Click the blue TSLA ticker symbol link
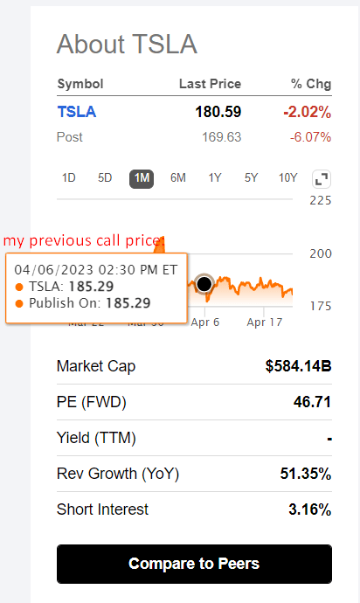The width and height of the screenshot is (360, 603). [x=77, y=112]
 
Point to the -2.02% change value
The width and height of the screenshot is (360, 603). [x=307, y=112]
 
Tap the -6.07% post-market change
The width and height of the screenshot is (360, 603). [x=311, y=137]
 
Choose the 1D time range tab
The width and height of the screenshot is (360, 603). [x=69, y=178]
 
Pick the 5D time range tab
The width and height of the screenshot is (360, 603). [x=105, y=178]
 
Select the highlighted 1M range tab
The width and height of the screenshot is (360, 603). [x=142, y=178]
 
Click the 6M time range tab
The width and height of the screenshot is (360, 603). [x=178, y=178]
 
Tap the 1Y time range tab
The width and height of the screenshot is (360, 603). [x=215, y=178]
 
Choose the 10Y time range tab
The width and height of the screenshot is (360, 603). [x=288, y=178]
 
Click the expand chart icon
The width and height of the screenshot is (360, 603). [x=322, y=179]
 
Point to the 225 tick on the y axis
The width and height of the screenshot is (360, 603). [x=322, y=200]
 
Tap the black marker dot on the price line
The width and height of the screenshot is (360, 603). [x=204, y=284]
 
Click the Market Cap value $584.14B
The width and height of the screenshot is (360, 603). [x=298, y=366]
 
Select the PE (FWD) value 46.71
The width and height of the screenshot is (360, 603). [x=313, y=402]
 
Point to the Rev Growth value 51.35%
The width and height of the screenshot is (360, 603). [x=305, y=474]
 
